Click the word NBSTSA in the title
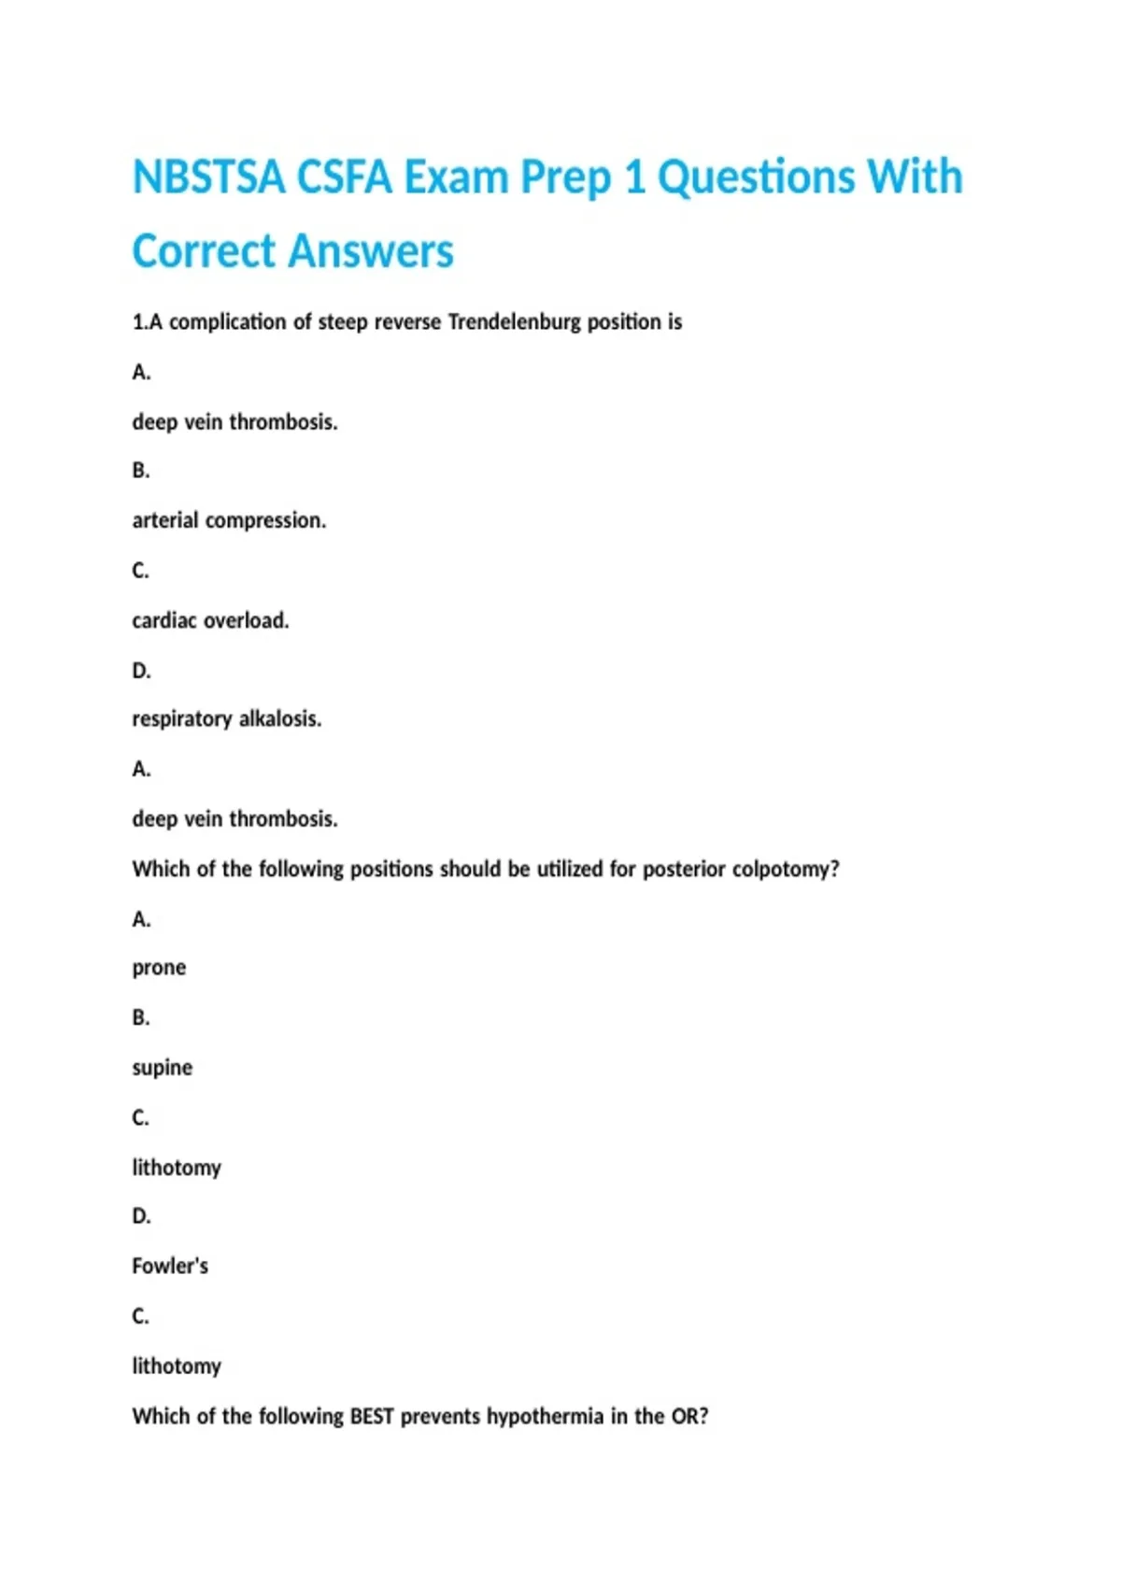[x=208, y=177]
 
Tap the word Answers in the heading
[x=371, y=251]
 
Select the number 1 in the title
[x=634, y=177]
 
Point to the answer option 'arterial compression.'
[x=229, y=520]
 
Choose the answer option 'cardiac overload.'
[x=210, y=620]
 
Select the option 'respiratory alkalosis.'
[x=226, y=719]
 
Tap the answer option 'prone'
[x=159, y=968]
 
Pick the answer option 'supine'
[x=162, y=1068]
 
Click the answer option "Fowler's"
[x=170, y=1267]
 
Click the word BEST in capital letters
[x=372, y=1417]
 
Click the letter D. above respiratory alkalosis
[x=141, y=671]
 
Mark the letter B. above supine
[x=141, y=1018]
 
